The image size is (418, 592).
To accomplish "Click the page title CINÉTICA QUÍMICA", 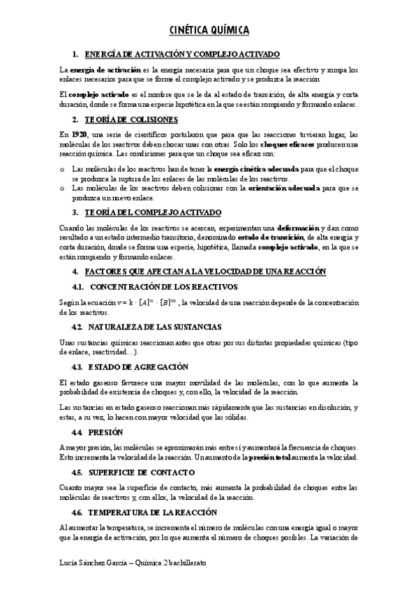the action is [209, 30].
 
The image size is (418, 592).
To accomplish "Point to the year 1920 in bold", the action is [78, 134].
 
